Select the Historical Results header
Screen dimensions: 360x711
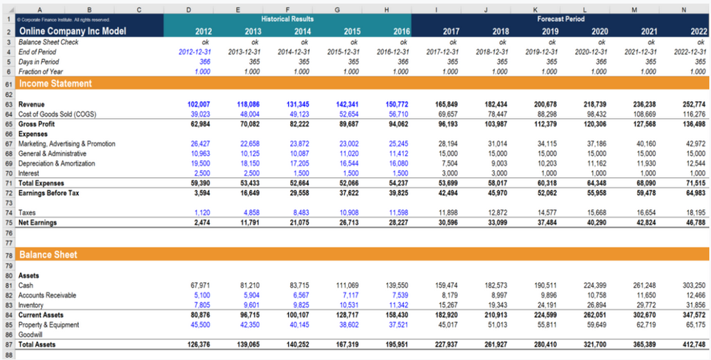[x=287, y=18]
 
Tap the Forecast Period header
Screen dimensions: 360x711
[x=561, y=18]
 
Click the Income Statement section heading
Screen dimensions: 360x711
[x=55, y=83]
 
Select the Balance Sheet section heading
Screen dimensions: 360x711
[x=48, y=254]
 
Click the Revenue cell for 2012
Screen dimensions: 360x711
[x=199, y=104]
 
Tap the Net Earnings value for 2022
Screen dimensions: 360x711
[x=694, y=223]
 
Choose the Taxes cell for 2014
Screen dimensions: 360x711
[x=300, y=213]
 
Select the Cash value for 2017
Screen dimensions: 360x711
[x=447, y=285]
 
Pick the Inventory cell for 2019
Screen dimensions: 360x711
[x=546, y=305]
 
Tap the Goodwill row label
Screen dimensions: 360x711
[x=31, y=334]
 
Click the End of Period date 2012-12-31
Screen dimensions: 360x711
[x=196, y=51]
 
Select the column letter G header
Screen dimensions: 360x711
[x=336, y=9]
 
